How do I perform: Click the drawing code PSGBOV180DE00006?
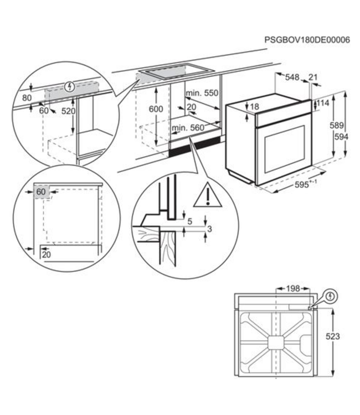click(307, 40)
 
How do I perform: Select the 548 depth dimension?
click(292, 77)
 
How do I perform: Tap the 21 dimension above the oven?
click(313, 77)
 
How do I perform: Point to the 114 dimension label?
click(323, 103)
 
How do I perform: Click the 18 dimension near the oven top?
click(254, 106)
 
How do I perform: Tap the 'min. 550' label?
click(202, 93)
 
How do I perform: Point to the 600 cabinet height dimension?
click(156, 110)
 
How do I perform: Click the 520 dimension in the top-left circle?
click(68, 111)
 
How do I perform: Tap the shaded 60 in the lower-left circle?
click(41, 192)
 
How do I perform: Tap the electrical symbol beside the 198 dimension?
click(330, 297)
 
